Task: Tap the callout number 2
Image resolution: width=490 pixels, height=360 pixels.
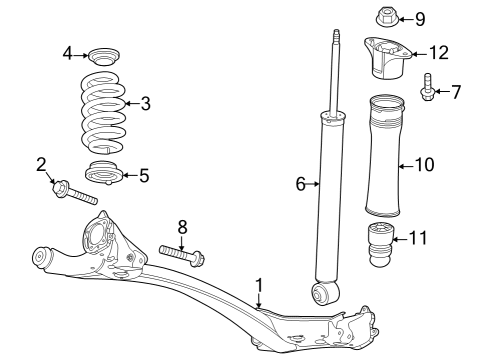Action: tap(42, 164)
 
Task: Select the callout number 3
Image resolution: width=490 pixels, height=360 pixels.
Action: tap(146, 102)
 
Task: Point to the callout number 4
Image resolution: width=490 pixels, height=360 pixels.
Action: tap(68, 53)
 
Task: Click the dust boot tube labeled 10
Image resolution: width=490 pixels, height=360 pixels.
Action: tap(385, 155)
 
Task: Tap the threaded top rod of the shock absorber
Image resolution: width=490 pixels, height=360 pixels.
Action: tap(334, 70)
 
